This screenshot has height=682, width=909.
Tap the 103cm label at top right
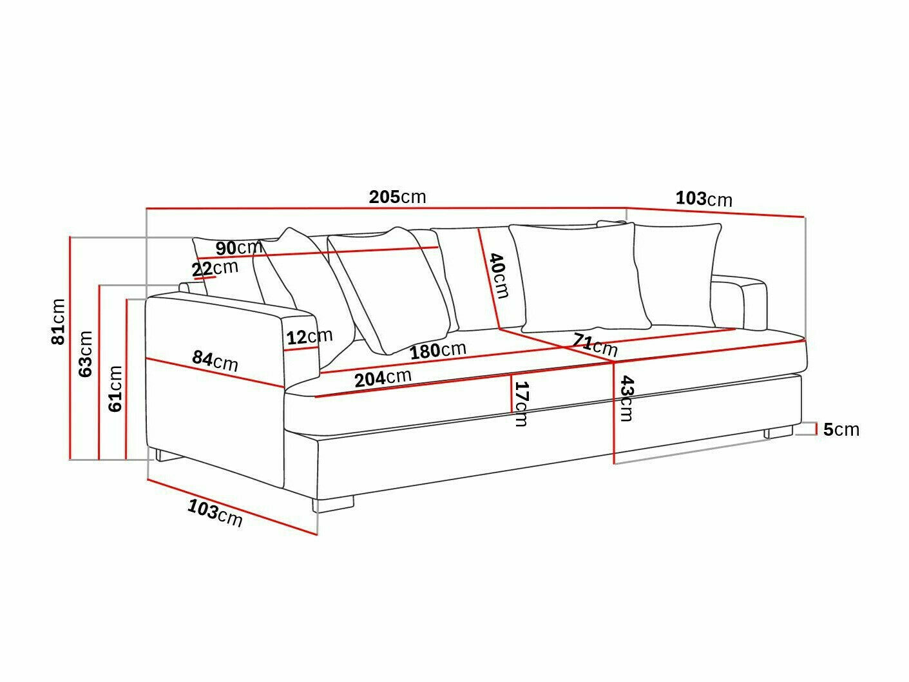pyautogui.click(x=703, y=199)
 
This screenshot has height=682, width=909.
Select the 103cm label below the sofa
pyautogui.click(x=215, y=513)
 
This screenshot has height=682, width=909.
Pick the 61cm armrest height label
pyautogui.click(x=115, y=388)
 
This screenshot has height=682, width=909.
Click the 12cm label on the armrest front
pyautogui.click(x=309, y=336)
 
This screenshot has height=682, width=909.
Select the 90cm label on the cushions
pyautogui.click(x=238, y=248)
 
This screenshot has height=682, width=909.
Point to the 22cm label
pyautogui.click(x=215, y=268)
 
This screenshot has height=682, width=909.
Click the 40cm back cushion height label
pyautogui.click(x=498, y=275)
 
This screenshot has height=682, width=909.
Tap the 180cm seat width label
pyautogui.click(x=438, y=351)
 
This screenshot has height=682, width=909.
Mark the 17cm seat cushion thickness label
pyautogui.click(x=521, y=404)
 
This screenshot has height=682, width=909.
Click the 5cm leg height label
pyautogui.click(x=841, y=429)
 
